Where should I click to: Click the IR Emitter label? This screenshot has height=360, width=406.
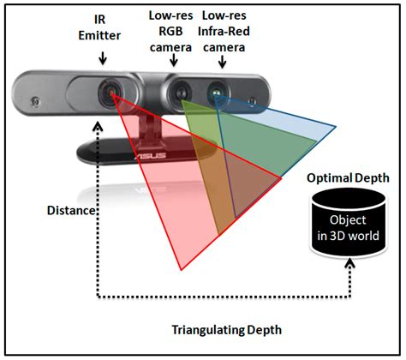click(x=99, y=27)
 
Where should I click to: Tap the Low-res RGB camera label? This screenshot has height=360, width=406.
click(x=170, y=32)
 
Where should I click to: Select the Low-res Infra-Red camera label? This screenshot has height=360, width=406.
click(x=224, y=32)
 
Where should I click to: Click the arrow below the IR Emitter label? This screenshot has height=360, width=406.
click(x=103, y=57)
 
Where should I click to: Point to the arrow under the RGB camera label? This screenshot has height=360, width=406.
click(x=174, y=60)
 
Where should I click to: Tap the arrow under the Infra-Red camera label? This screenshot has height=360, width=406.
click(x=222, y=61)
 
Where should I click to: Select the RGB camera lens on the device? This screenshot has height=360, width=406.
click(x=181, y=92)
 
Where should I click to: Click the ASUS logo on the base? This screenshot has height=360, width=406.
click(x=150, y=156)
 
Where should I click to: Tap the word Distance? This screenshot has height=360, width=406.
click(x=71, y=211)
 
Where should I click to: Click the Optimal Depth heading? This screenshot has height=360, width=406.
click(x=348, y=178)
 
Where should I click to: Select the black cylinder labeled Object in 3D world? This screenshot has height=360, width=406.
click(x=349, y=223)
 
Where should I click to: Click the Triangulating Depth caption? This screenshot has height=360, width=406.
click(x=227, y=330)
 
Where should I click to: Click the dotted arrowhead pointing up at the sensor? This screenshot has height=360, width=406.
click(x=99, y=126)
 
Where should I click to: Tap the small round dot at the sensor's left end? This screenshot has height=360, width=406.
click(x=36, y=101)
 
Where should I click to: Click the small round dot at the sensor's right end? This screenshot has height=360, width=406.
click(x=252, y=101)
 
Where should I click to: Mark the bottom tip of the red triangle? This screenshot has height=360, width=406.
click(x=182, y=270)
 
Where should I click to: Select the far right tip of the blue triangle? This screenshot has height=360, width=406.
click(x=336, y=126)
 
